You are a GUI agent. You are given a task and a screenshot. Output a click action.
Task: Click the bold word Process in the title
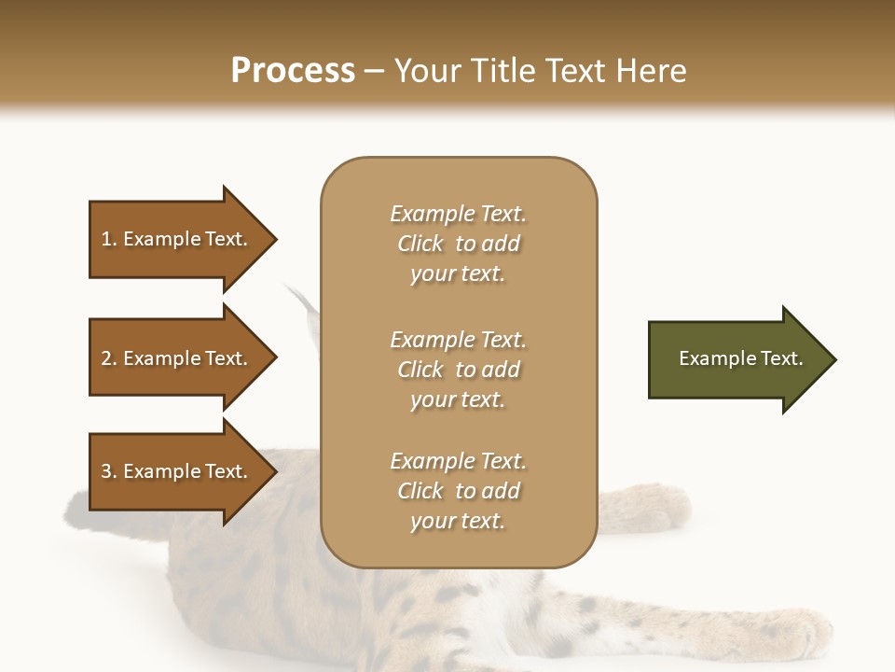coord(293,71)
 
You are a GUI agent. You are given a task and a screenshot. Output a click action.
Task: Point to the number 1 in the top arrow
coord(106,239)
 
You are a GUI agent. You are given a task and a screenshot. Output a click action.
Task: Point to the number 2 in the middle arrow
coord(106,358)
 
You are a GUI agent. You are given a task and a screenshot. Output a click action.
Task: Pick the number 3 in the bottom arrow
coord(106,471)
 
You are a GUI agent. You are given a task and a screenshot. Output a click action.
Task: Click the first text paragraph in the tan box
coord(458,244)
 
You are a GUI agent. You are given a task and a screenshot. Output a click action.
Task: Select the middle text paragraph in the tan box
coord(458,370)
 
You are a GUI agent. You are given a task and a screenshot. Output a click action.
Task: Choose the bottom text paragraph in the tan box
coord(458,491)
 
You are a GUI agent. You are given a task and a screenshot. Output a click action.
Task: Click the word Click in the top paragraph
coord(420,244)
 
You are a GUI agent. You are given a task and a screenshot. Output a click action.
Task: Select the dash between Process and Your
coord(374,71)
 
